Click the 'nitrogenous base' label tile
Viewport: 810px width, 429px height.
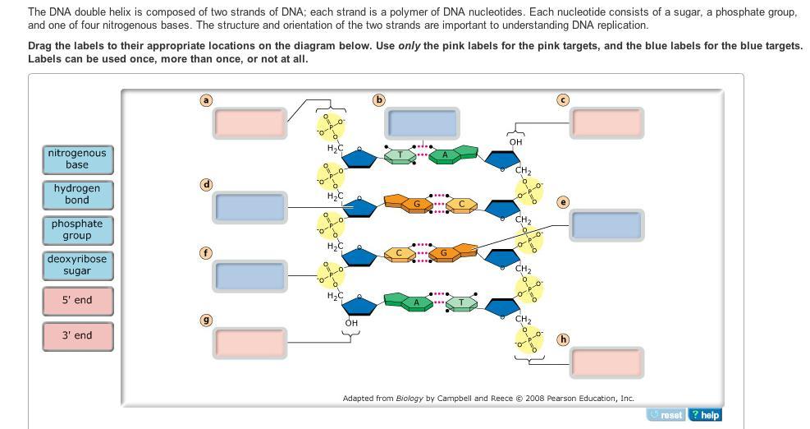77,159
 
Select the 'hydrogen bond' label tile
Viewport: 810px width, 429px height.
77,194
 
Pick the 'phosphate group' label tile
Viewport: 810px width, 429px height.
77,229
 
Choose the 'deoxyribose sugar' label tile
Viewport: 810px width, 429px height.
77,265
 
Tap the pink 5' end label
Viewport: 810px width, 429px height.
77,300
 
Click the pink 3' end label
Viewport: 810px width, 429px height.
77,335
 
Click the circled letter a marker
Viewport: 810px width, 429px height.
206,100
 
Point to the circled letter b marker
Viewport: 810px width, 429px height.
378,100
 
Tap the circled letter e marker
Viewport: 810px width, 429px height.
562,202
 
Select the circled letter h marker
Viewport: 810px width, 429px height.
562,339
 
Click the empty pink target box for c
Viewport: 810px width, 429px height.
607,122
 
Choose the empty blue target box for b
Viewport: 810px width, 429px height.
422,122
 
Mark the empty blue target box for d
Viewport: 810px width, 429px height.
250,207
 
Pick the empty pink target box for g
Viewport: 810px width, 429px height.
250,342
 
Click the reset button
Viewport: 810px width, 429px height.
666,415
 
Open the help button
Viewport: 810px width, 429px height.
705,415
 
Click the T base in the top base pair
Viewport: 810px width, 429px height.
400,155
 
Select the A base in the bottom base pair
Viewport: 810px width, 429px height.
417,303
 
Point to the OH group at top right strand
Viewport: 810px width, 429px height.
515,142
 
